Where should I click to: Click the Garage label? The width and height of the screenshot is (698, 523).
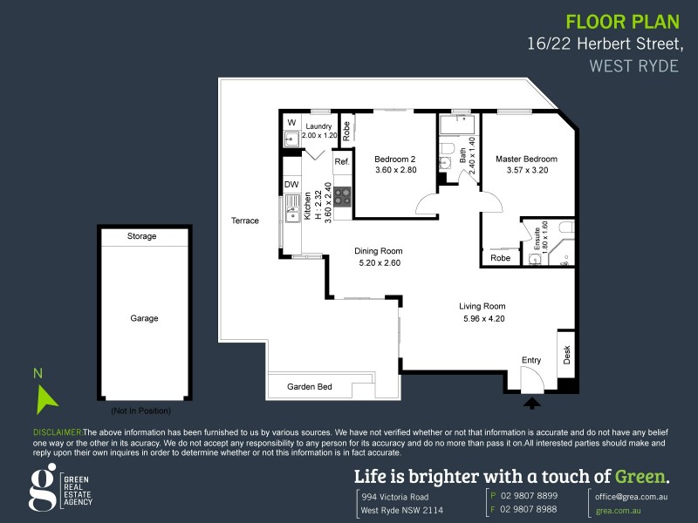click(x=144, y=318)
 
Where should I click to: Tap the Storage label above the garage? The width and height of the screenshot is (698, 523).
click(x=141, y=236)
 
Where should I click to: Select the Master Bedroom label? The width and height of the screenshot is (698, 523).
click(x=526, y=159)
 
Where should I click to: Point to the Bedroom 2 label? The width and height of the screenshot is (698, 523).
click(x=394, y=159)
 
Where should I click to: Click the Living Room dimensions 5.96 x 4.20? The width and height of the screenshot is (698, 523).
click(x=482, y=318)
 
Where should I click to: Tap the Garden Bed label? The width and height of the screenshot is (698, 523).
click(x=310, y=386)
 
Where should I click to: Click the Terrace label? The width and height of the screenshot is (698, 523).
click(x=245, y=221)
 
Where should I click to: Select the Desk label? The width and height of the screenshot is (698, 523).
click(x=566, y=355)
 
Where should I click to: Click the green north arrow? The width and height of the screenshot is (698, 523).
click(x=46, y=398)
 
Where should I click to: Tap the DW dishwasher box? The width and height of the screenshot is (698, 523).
click(x=291, y=185)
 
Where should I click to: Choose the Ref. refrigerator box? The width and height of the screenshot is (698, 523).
click(x=342, y=162)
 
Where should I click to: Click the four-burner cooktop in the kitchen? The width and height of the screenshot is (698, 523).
click(x=342, y=196)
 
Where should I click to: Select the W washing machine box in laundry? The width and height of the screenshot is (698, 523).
click(x=291, y=121)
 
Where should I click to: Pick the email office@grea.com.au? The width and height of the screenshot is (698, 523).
click(x=632, y=494)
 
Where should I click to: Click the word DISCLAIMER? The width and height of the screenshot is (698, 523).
click(x=57, y=432)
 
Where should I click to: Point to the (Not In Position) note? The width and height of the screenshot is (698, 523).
click(x=140, y=411)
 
